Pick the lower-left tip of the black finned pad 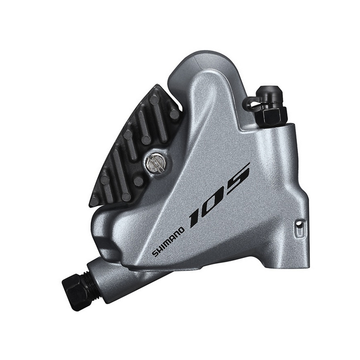coord(92,203)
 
